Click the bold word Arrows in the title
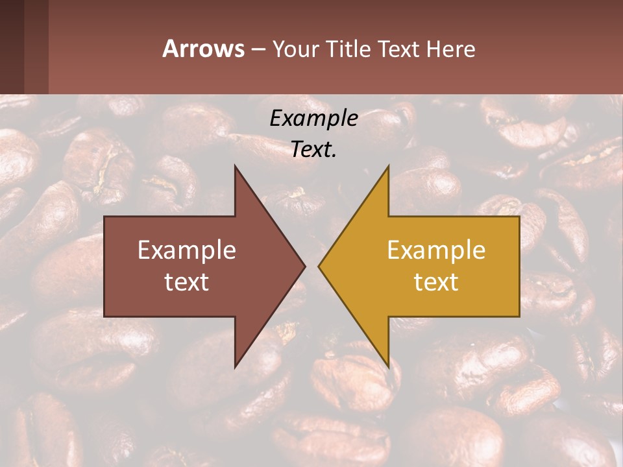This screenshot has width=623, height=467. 203,49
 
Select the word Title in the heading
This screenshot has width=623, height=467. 348,49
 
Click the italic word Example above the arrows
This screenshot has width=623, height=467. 313,119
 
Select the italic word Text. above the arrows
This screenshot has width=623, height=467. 313,150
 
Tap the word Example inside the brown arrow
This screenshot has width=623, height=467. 187,250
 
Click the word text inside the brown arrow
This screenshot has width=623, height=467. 187,282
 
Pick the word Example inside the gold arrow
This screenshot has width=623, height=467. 436,250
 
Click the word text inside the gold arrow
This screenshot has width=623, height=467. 436,282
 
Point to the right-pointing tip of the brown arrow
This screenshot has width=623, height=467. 304,266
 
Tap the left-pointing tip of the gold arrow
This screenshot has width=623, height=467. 320,266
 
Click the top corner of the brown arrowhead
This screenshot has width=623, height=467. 236,167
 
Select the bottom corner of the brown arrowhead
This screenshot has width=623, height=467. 236,366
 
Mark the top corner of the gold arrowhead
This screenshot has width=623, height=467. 387,167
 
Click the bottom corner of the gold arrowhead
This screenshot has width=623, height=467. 387,366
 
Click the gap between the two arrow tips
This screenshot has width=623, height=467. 311,266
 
